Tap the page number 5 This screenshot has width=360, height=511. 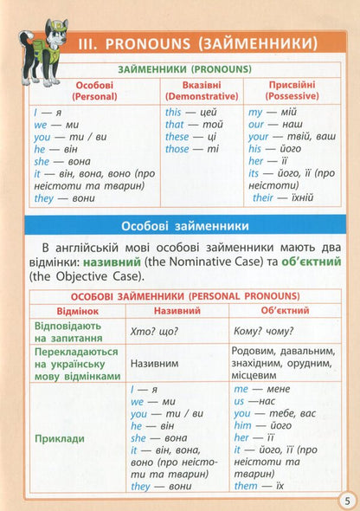pyautogui.click(x=344, y=499)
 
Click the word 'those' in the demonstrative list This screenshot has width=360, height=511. pyautogui.click(x=177, y=149)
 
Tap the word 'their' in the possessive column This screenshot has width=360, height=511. pyautogui.click(x=262, y=197)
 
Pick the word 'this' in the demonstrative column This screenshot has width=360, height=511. pyautogui.click(x=173, y=113)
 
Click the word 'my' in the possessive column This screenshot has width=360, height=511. pyautogui.click(x=254, y=113)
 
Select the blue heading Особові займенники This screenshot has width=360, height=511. pyautogui.click(x=180, y=226)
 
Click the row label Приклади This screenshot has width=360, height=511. pyautogui.click(x=60, y=439)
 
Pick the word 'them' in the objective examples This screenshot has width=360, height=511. pyautogui.click(x=246, y=487)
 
